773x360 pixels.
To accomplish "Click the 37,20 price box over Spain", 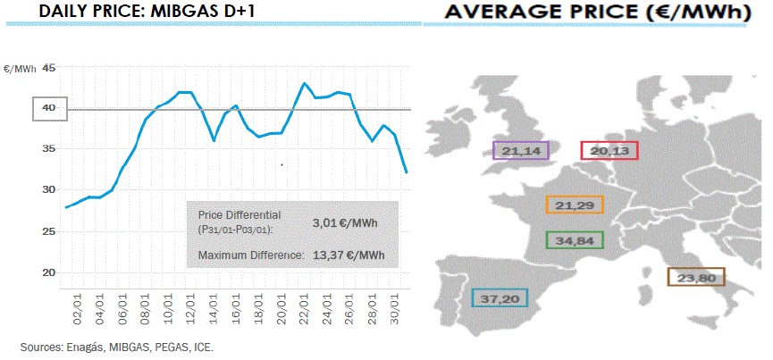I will (x=500, y=297).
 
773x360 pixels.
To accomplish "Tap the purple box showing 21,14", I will (x=521, y=151).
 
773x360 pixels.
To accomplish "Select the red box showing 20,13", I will (x=609, y=151).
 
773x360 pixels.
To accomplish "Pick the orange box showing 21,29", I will (x=575, y=205).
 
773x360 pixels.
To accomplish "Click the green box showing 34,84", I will (x=575, y=240).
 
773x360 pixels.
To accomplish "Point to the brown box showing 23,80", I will (x=697, y=277).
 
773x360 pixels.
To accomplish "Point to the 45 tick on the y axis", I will (x=48, y=68).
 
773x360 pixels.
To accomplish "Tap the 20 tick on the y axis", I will (x=48, y=272).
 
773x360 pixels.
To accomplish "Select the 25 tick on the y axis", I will (x=48, y=231).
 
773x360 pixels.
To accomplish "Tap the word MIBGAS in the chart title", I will (x=177, y=13).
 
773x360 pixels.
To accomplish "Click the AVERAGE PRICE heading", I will (x=593, y=13).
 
